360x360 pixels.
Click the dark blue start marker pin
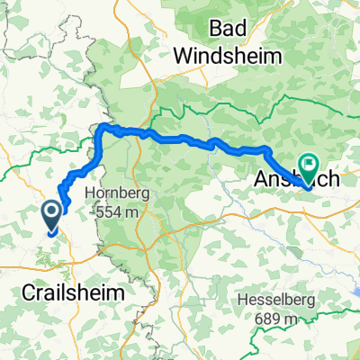coord(51,215)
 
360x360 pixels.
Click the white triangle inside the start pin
coord(51,211)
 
